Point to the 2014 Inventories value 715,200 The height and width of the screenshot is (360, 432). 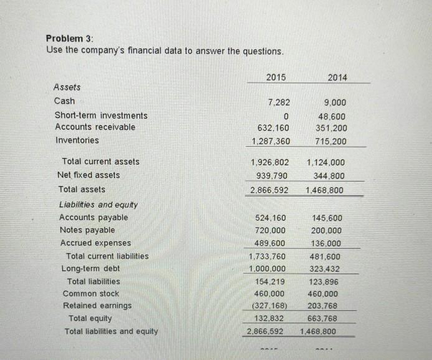[331, 141]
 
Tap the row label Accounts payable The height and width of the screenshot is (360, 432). [93, 217]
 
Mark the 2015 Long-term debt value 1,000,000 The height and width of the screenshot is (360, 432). [267, 269]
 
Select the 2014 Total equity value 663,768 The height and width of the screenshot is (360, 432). [326, 318]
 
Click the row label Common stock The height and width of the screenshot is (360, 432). [91, 293]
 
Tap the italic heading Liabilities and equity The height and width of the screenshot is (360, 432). [98, 204]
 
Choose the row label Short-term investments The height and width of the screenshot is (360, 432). [101, 116]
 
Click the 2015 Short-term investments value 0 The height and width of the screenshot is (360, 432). [286, 116]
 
